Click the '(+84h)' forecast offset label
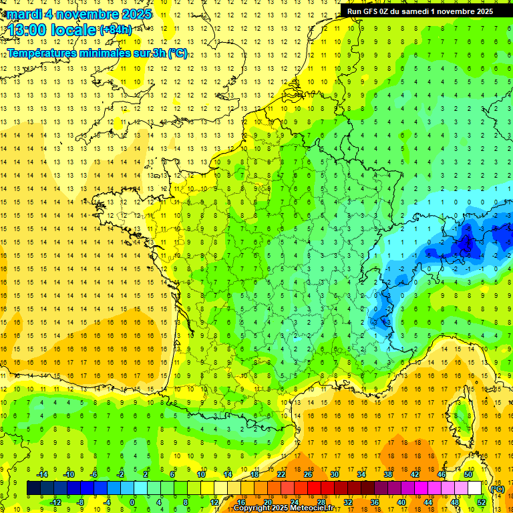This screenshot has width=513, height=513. click(116, 30)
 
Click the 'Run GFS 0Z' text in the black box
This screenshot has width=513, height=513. click(370, 11)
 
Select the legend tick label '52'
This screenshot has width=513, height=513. click(481, 502)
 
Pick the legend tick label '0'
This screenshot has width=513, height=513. click(132, 502)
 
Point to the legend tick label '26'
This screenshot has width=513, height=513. click(308, 474)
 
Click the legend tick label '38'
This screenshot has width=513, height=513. click(388, 474)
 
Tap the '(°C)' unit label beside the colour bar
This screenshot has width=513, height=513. click(498, 488)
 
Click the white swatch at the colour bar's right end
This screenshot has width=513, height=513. click(475, 488)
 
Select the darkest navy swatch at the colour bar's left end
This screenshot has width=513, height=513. click(34, 488)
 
